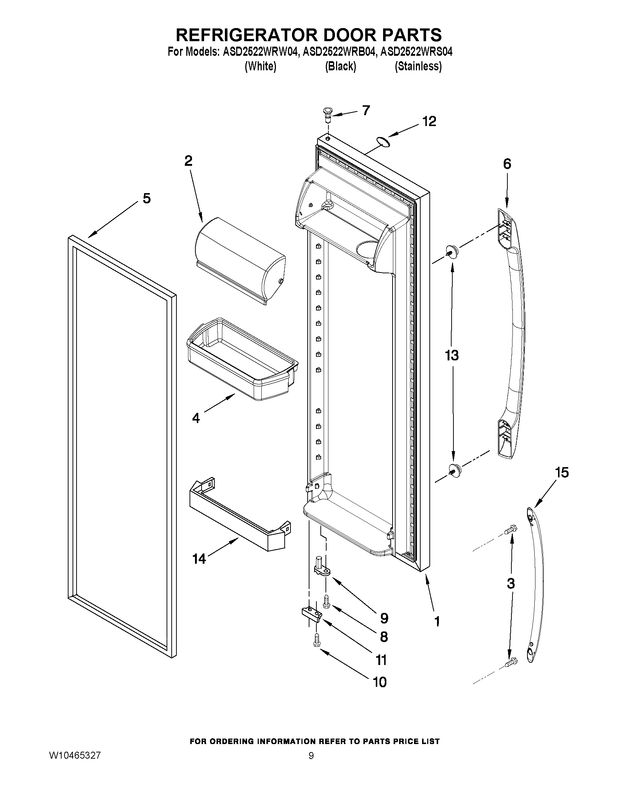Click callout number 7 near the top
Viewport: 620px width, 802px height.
pyautogui.click(x=366, y=110)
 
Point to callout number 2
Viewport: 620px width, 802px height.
pyautogui.click(x=188, y=160)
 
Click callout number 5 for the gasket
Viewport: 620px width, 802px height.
pyautogui.click(x=147, y=198)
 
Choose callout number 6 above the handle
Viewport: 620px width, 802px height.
pyautogui.click(x=507, y=164)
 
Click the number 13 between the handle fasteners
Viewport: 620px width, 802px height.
pyautogui.click(x=452, y=356)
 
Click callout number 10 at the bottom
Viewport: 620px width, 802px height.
pyautogui.click(x=380, y=682)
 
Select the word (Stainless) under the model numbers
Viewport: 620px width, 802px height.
pyautogui.click(x=418, y=66)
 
